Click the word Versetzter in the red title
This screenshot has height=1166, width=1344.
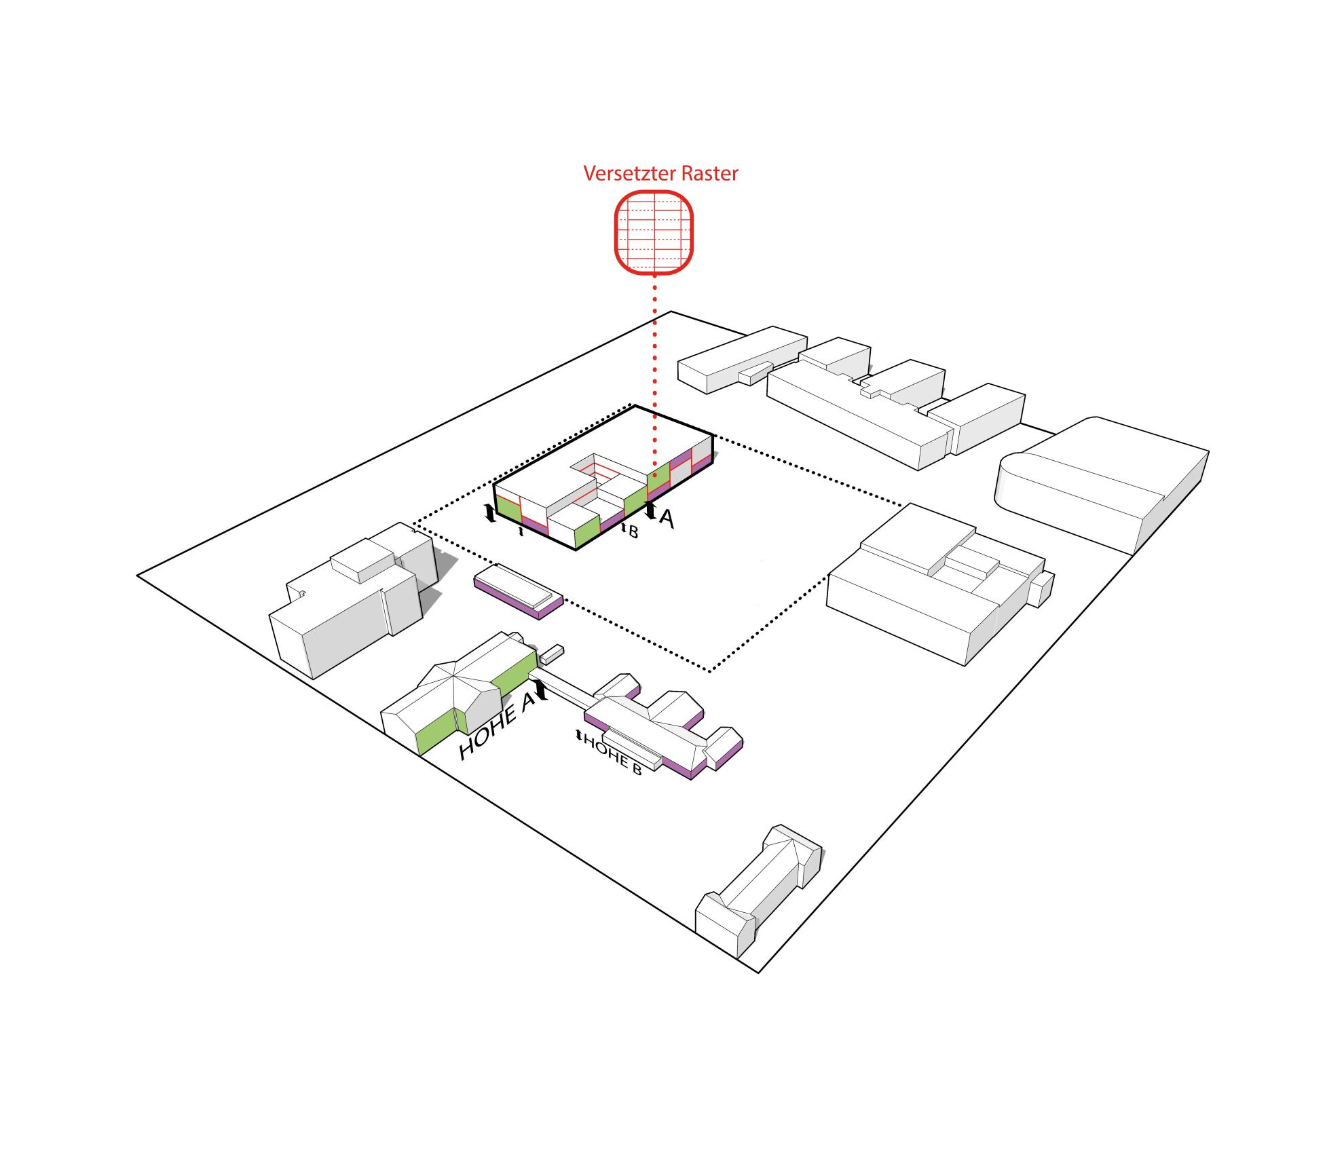click(x=629, y=174)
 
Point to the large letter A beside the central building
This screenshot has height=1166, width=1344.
click(x=667, y=519)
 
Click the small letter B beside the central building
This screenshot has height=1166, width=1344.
click(x=633, y=531)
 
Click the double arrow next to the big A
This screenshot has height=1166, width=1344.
click(x=650, y=510)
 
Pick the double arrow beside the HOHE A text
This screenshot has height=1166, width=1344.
click(x=541, y=691)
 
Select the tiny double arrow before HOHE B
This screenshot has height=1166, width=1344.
click(x=578, y=735)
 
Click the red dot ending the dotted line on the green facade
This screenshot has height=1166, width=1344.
click(x=654, y=476)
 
